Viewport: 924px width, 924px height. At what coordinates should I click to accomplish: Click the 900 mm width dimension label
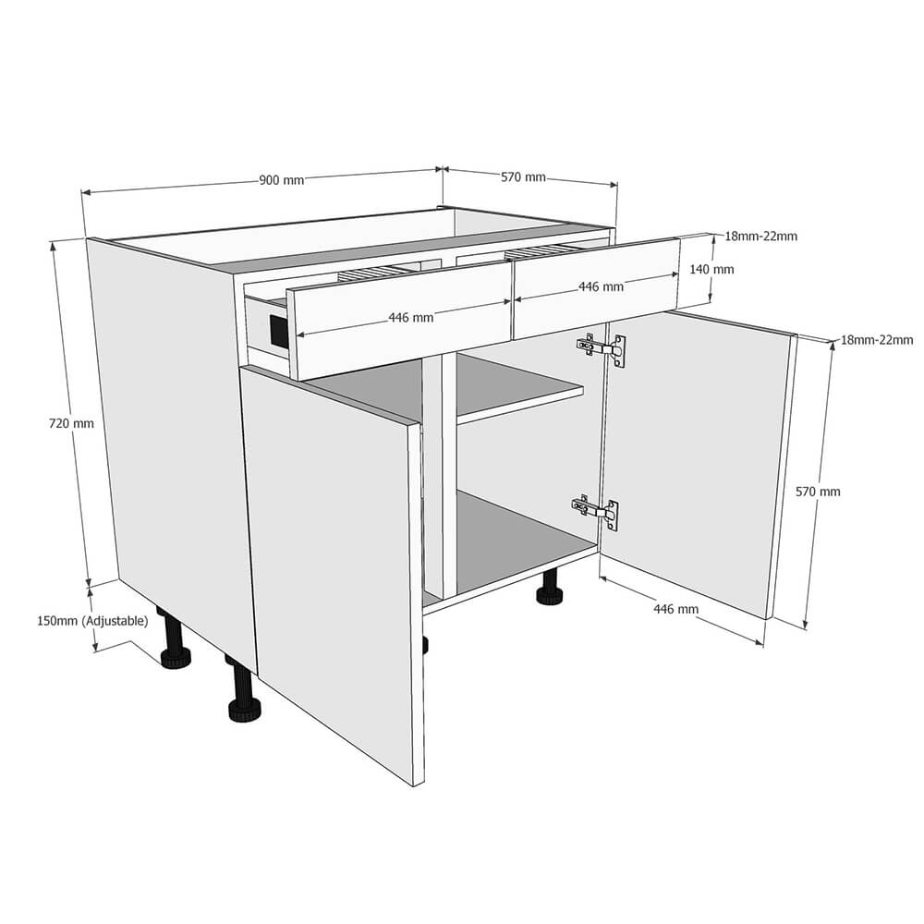(x=281, y=180)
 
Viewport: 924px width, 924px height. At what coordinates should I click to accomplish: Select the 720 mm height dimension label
(x=71, y=424)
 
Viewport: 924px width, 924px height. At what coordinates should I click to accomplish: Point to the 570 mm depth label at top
(x=523, y=177)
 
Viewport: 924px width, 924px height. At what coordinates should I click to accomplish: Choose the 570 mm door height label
(x=818, y=492)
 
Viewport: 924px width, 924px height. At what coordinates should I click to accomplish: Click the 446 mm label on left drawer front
(x=410, y=318)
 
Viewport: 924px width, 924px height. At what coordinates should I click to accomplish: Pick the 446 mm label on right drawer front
(x=601, y=286)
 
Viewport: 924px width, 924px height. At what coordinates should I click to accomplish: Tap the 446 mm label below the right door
(x=675, y=609)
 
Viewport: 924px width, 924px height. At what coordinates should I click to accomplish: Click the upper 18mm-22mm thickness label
(x=760, y=236)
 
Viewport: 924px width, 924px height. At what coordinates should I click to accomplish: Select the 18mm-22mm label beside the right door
(x=876, y=340)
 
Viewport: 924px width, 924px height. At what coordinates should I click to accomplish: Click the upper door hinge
(x=602, y=348)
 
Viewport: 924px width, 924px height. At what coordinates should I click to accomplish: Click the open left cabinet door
(x=337, y=554)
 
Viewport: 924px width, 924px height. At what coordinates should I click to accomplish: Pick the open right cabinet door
(x=693, y=462)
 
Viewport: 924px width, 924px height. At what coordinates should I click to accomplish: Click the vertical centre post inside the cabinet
(x=448, y=480)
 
